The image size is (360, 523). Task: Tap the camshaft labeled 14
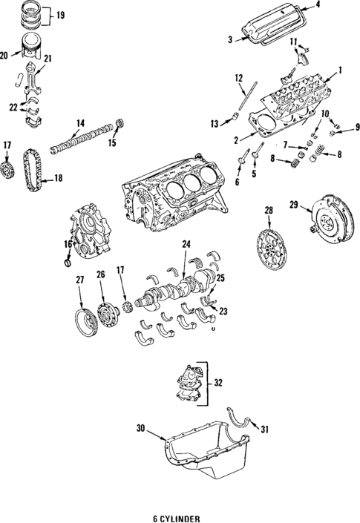(82, 138)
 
